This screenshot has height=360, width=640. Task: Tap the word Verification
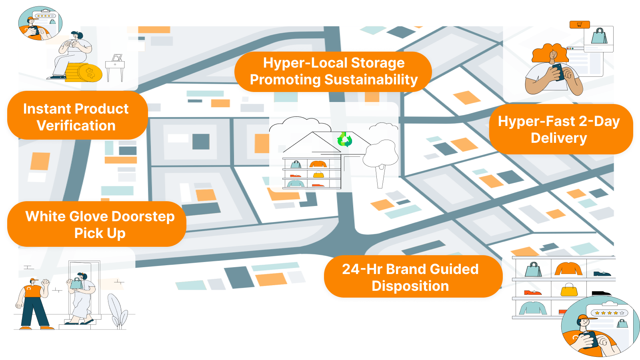pyautogui.click(x=76, y=126)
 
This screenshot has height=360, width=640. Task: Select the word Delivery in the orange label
pyautogui.click(x=559, y=138)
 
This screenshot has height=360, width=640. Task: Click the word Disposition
pyautogui.click(x=410, y=286)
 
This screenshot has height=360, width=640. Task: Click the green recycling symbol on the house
pyautogui.click(x=344, y=140)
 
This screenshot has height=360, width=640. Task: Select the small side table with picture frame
pyautogui.click(x=115, y=68)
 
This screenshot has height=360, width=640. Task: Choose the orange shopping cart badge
pyautogui.click(x=580, y=24)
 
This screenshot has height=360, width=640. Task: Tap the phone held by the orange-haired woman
pyautogui.click(x=558, y=72)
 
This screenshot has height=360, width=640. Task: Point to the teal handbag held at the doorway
pyautogui.click(x=76, y=283)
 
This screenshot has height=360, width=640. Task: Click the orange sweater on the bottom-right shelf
pyautogui.click(x=568, y=268)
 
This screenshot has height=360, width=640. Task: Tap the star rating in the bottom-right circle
pyautogui.click(x=610, y=313)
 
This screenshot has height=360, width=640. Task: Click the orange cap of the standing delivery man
pyautogui.click(x=34, y=280)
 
